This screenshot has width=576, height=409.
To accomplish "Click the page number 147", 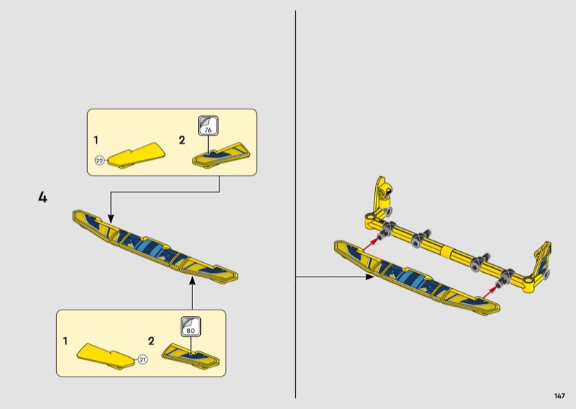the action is pos(559,396).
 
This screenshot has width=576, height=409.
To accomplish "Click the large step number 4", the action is pos(42,197).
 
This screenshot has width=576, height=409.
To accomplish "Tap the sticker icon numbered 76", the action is pos(208,126).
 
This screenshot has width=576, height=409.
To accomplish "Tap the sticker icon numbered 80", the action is pos(191,326).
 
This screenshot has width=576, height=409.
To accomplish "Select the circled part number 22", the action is pos(99,161).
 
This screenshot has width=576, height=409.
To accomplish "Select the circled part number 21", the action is pos(143,360).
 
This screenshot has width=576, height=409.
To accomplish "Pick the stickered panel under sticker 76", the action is pos(222,156).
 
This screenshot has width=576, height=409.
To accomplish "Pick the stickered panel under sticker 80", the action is pos(190,356).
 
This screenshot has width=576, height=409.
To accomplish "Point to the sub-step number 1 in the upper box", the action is pos(96,140).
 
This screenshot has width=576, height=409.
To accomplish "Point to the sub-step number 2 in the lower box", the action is pos(151,341).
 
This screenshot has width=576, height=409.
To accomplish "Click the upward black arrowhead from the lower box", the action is pos(192,281).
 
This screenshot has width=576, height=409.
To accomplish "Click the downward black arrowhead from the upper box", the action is pos(111,220).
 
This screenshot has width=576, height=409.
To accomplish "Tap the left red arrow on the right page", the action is pos(371,245).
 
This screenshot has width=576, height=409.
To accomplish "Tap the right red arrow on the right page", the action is pos(490,292).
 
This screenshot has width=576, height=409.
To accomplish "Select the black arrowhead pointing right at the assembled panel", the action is pos(369,277).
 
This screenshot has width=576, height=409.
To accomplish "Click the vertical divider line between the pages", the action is pos(295,204).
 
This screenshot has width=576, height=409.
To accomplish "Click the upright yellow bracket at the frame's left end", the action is pos(382,194).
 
